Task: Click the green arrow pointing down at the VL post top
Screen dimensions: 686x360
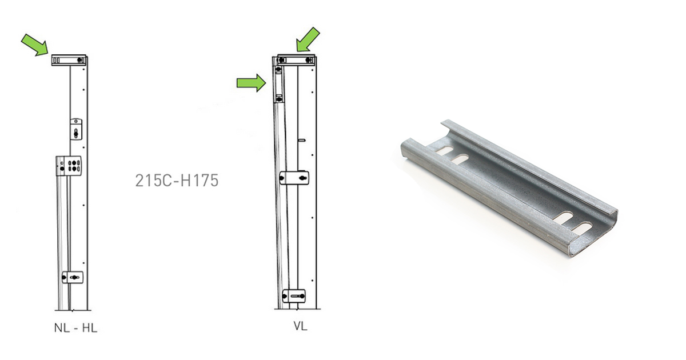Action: (x=308, y=40)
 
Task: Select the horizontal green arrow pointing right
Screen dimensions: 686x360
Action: (x=251, y=83)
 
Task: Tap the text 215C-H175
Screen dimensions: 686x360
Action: (x=177, y=181)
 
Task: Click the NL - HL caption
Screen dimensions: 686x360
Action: (x=75, y=328)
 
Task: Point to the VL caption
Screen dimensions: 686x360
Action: (x=301, y=326)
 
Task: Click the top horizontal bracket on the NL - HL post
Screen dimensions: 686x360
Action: (x=69, y=61)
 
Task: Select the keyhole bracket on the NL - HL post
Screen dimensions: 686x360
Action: (x=76, y=129)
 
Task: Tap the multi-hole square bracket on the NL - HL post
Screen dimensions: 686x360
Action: (x=69, y=166)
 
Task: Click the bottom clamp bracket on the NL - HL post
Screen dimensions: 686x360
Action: (x=73, y=277)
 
